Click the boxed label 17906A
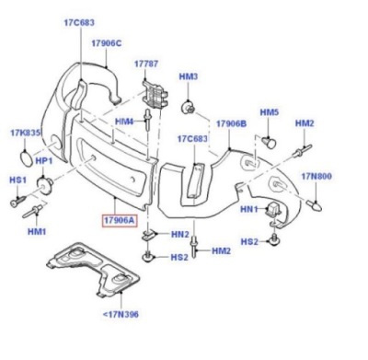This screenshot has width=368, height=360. (120, 220)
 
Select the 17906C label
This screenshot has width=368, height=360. (107, 43)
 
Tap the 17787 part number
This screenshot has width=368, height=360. (146, 64)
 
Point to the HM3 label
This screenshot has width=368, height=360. (189, 76)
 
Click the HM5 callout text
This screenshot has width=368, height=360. (270, 112)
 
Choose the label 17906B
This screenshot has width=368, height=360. (231, 123)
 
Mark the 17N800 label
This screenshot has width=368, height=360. (316, 176)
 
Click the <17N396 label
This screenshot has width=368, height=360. (121, 314)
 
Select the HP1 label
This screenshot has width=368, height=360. (44, 161)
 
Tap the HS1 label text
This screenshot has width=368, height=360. (17, 180)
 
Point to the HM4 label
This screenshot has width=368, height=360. (124, 122)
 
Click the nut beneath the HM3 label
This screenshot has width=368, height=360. (188, 107)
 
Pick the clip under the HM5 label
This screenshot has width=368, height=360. (270, 143)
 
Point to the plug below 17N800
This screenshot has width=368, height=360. (314, 205)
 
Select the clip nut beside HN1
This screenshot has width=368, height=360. (272, 210)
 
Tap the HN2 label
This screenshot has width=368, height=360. (180, 235)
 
